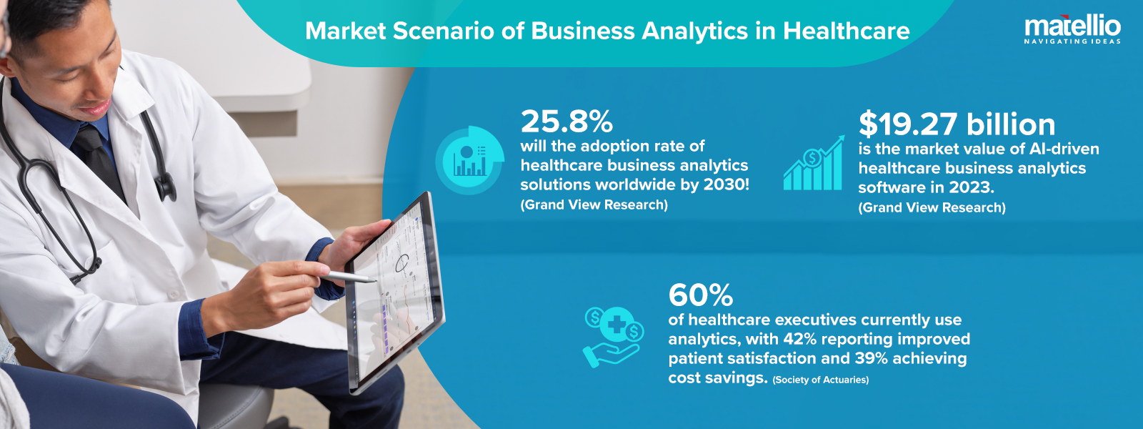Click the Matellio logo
[1072, 27]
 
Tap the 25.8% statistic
[566, 122]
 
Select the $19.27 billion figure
[957, 124]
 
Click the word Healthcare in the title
[846, 31]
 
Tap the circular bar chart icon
[470, 160]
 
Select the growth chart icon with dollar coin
[814, 164]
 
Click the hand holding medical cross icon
[613, 336]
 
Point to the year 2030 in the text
[724, 184]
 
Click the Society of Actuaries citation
[820, 380]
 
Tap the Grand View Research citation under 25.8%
[594, 205]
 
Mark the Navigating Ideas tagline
[1072, 41]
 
